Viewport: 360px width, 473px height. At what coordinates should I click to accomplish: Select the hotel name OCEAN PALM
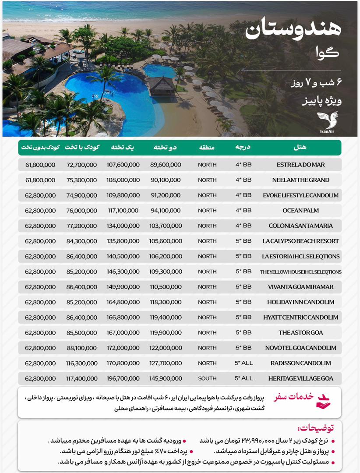coord(300,211)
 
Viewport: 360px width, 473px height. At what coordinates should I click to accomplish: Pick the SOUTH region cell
coord(207,378)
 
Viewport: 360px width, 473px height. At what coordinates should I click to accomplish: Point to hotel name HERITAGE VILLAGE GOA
coord(300,378)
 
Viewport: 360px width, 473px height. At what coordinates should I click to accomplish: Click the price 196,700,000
coord(123,378)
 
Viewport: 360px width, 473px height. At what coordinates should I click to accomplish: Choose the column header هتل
coord(300,148)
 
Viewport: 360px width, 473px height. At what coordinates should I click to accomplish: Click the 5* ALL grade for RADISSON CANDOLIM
coord(244,363)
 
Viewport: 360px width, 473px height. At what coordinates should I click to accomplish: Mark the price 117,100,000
coord(123,211)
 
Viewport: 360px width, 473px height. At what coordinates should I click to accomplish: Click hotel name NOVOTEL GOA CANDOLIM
coord(300,348)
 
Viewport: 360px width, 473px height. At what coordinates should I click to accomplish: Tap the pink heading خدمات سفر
coord(294,397)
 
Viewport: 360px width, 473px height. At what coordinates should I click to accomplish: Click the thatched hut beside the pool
coord(161,85)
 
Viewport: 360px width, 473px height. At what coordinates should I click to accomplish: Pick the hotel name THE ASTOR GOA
coord(300,332)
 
